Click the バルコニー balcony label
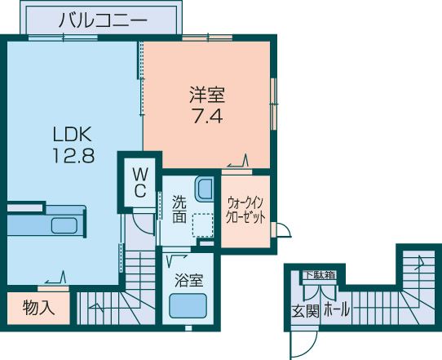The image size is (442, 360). [103, 20]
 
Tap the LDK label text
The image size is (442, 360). [73, 135]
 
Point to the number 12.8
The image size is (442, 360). [73, 155]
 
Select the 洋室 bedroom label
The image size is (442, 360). [207, 95]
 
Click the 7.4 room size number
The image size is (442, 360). [208, 116]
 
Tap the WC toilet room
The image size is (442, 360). [139, 183]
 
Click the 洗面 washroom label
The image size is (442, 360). [179, 209]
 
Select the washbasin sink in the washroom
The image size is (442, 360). [204, 189]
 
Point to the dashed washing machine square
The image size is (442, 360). [203, 224]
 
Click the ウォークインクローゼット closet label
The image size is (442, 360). [245, 211]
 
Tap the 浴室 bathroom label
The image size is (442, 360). [189, 280]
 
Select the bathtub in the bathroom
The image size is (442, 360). [188, 306]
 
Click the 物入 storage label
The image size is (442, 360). [38, 308]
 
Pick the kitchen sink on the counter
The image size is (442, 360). [64, 225]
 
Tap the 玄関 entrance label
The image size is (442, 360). [305, 311]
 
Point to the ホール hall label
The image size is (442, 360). [337, 309]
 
